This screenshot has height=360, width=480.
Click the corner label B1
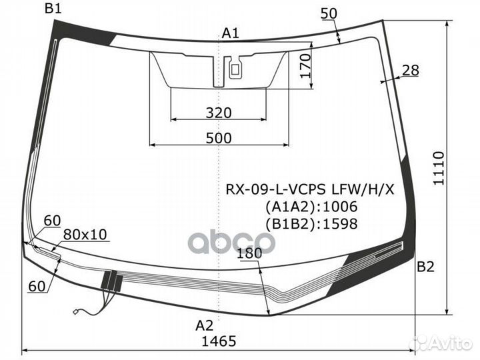53,8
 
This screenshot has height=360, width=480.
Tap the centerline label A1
230,33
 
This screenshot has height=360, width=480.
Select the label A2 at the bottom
205,325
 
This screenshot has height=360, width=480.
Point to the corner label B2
425,267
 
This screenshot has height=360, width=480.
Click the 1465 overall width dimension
219,341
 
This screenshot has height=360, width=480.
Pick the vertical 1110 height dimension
439,168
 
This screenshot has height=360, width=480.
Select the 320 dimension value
219,113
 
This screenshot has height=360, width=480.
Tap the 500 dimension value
219,139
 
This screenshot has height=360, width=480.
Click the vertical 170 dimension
305,66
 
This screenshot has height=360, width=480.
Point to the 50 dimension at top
329,13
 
